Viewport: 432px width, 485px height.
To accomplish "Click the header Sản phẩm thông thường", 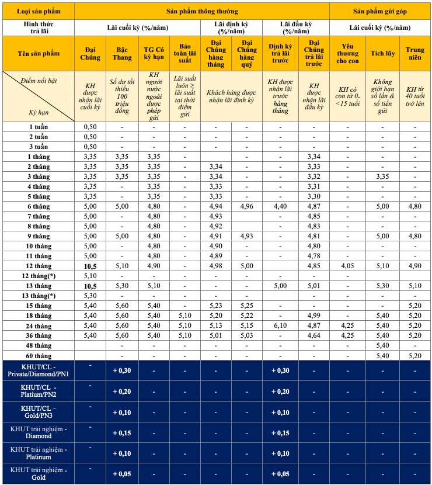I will (x=202, y=11).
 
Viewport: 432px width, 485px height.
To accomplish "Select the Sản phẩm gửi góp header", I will (x=380, y=11).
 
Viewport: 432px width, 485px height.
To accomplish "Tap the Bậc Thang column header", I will (x=121, y=53).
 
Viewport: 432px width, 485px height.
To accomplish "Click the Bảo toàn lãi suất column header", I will (x=184, y=53).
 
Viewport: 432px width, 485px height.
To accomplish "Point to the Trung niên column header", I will (x=416, y=53).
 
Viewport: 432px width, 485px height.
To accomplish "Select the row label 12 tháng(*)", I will (x=39, y=275).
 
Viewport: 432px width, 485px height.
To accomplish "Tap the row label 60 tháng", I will (x=39, y=355).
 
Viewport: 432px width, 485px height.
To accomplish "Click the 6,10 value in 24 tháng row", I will (x=280, y=325).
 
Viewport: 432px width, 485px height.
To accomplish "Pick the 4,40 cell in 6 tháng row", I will (x=280, y=206).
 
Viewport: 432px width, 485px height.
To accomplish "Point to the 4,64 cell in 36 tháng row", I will (x=314, y=335).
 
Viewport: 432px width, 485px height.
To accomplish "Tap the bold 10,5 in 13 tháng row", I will (x=90, y=286).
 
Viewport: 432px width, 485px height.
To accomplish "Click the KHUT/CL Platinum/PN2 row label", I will (x=39, y=391).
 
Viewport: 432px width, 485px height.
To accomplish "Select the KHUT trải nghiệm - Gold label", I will (x=39, y=474).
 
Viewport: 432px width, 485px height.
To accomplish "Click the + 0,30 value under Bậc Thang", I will (x=121, y=370).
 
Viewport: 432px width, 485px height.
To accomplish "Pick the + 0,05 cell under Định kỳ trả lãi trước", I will (x=280, y=474).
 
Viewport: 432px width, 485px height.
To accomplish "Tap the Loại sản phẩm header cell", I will (x=39, y=11).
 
